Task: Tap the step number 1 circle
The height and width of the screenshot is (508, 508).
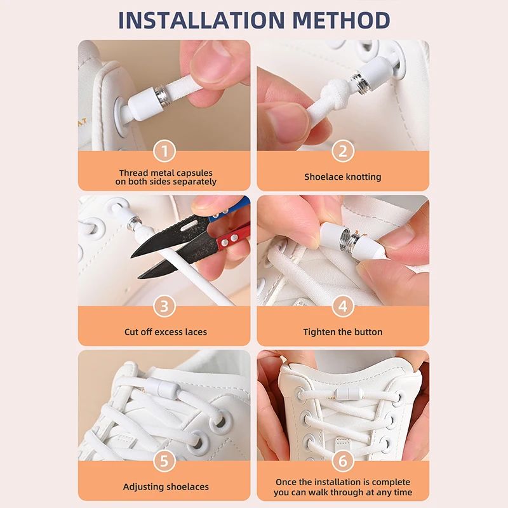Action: pyautogui.click(x=164, y=151)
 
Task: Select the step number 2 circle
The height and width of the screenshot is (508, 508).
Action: pyautogui.click(x=343, y=151)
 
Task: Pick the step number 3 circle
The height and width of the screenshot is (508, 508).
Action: pyautogui.click(x=164, y=307)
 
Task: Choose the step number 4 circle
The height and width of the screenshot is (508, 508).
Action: pyautogui.click(x=343, y=307)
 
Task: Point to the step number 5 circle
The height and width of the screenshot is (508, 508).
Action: pyautogui.click(x=164, y=461)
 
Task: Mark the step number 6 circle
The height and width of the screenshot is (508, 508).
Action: pyautogui.click(x=343, y=461)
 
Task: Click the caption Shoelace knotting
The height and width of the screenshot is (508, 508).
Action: pyautogui.click(x=343, y=177)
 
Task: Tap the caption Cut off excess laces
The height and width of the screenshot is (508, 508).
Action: pyautogui.click(x=165, y=331)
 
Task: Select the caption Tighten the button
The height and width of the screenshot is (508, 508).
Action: pyautogui.click(x=343, y=331)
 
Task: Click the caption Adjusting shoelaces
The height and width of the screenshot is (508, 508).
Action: pyautogui.click(x=165, y=486)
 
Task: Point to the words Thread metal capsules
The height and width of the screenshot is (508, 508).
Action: pyautogui.click(x=165, y=173)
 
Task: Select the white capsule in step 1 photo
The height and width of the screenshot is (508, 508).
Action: pyautogui.click(x=144, y=101)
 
